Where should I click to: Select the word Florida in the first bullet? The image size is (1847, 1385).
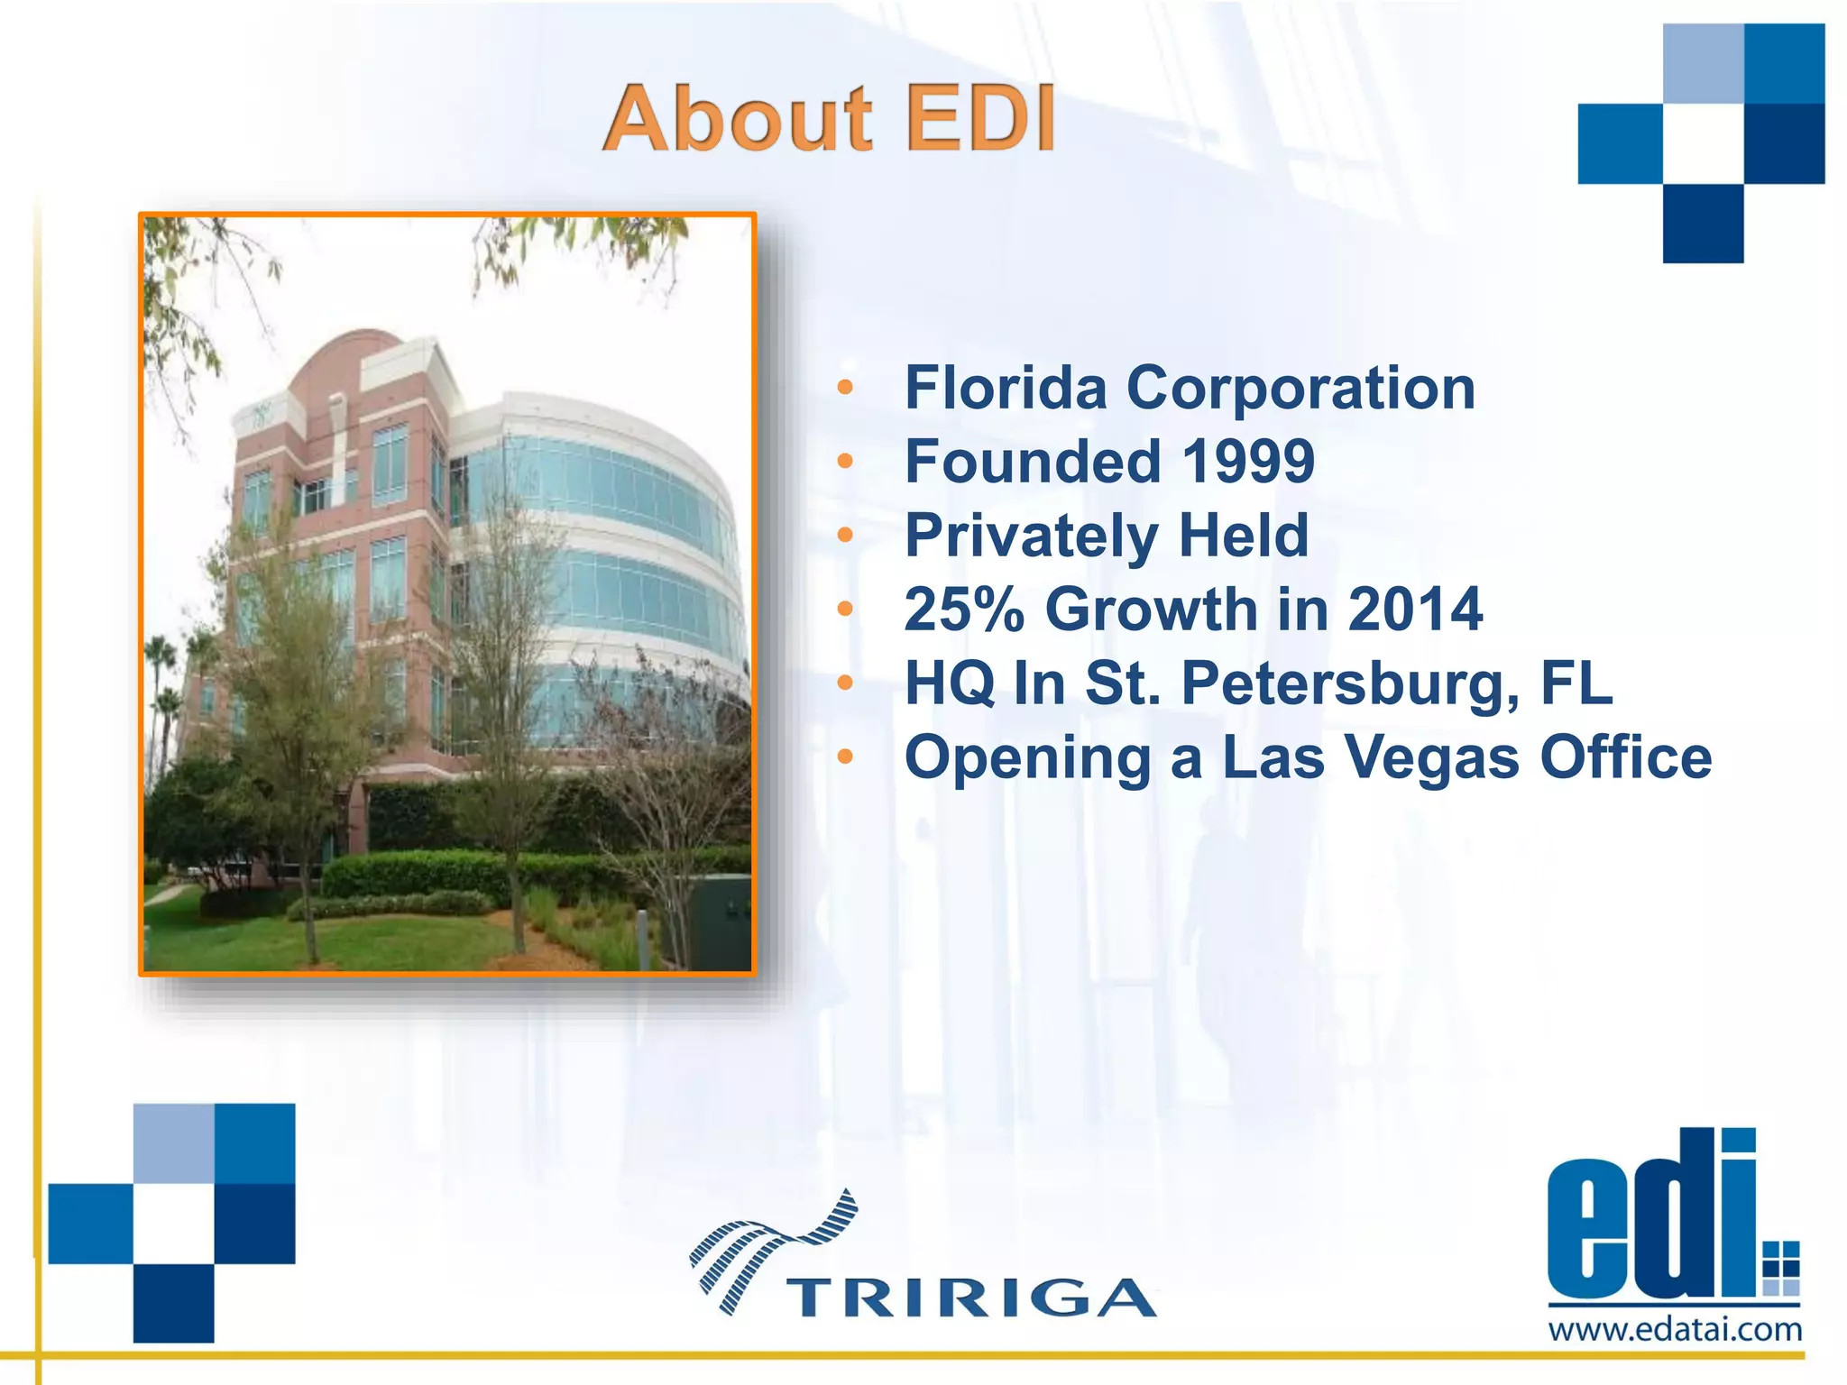click(x=1005, y=388)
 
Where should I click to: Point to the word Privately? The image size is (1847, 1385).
click(x=1030, y=536)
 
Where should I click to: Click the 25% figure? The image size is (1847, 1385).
click(x=964, y=610)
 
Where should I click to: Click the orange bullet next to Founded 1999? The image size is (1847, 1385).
click(x=844, y=462)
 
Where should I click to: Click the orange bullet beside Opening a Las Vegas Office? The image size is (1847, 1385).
click(x=844, y=757)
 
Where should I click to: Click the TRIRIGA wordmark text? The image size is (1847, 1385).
click(x=970, y=1298)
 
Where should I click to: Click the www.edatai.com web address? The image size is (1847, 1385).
click(x=1675, y=1330)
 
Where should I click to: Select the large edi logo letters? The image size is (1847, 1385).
click(x=1650, y=1217)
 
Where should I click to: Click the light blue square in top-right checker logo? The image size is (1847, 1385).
click(x=1703, y=63)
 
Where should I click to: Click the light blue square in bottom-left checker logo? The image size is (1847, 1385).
click(x=173, y=1143)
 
